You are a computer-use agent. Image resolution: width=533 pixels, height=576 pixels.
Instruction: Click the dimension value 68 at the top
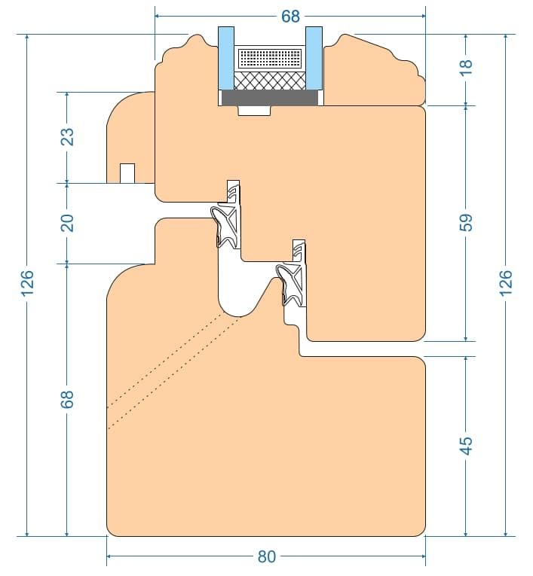(290, 16)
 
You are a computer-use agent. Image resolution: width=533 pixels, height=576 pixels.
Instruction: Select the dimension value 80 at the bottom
(267, 556)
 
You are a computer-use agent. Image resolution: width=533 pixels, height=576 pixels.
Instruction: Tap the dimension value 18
(466, 64)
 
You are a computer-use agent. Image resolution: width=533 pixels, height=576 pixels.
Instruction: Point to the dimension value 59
(466, 222)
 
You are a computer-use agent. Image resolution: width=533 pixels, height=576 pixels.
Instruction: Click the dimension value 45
(466, 446)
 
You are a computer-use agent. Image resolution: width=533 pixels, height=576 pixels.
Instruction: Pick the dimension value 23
(67, 136)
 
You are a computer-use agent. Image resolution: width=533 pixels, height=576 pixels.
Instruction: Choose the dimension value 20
(67, 223)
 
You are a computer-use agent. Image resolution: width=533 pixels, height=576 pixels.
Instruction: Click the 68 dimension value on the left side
(67, 399)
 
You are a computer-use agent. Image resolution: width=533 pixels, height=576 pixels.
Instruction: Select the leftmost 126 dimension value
(27, 283)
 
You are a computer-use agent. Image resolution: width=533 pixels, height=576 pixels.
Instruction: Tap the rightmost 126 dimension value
(506, 283)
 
